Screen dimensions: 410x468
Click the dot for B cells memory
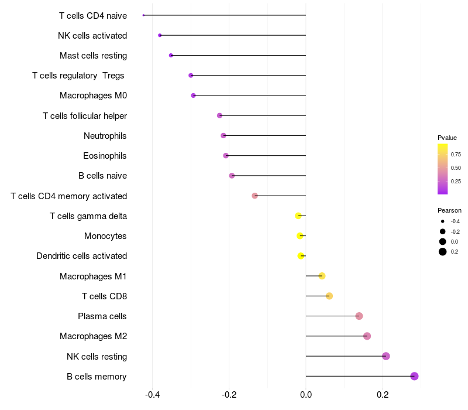[x=414, y=376]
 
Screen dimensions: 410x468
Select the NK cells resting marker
[x=386, y=356]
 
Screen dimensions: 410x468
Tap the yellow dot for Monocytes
[x=300, y=236]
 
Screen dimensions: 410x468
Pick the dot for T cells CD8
[x=329, y=296]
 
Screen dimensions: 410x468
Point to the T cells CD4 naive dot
[x=143, y=15]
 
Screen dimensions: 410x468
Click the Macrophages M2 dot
[x=367, y=336]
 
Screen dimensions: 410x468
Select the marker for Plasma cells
[x=359, y=316]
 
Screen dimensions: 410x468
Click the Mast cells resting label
[x=93, y=56]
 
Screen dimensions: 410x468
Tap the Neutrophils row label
[x=105, y=136]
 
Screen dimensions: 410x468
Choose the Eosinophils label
[x=105, y=156]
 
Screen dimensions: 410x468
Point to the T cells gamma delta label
[x=88, y=216]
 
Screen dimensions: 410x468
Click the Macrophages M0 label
[x=93, y=95]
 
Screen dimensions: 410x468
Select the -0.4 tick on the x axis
[x=153, y=394]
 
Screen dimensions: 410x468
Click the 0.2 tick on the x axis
[x=383, y=394]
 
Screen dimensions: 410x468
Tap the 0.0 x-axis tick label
[x=306, y=394]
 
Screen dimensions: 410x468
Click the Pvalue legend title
[x=447, y=138]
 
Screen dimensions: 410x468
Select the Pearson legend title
[x=449, y=210]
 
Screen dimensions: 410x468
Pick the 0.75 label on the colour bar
[x=456, y=155]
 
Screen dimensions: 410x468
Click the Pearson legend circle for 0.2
[x=443, y=252]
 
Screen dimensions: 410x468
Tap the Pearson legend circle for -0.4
[x=443, y=221]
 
